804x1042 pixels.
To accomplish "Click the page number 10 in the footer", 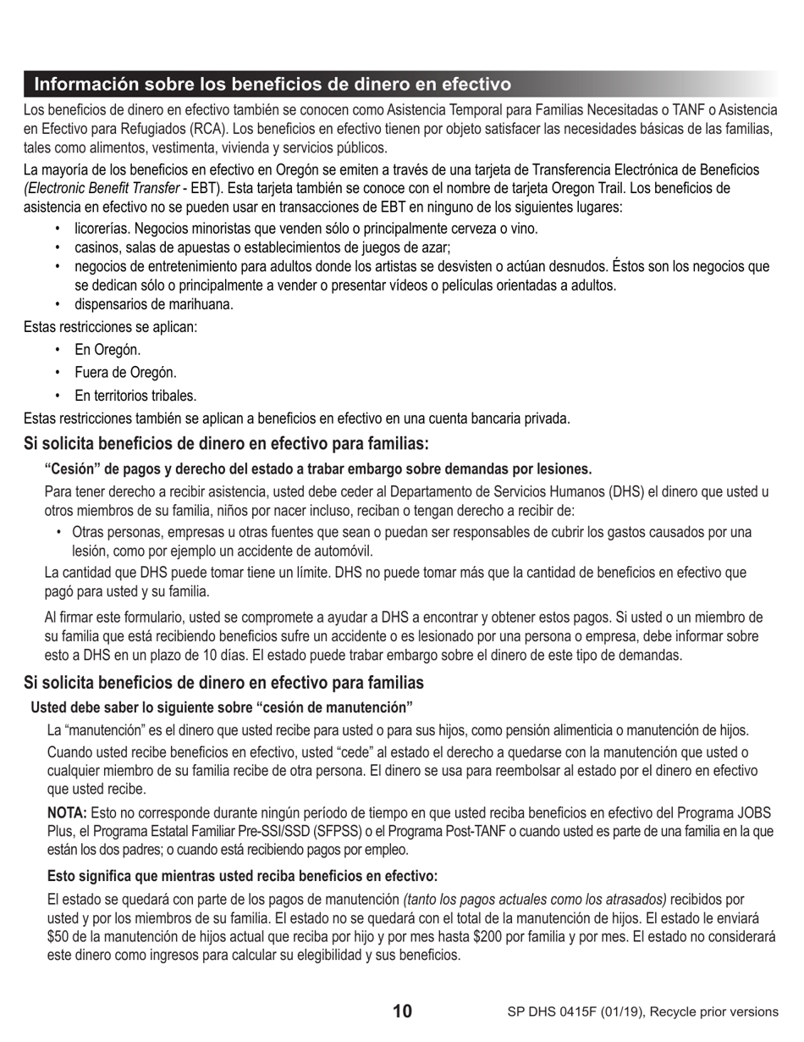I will (x=403, y=1011).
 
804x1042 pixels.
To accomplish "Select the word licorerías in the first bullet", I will (x=102, y=228).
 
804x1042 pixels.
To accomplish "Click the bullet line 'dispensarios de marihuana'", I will (x=153, y=304).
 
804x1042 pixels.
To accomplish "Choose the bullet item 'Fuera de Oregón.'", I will (x=125, y=372).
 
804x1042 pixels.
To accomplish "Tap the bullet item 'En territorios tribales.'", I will (x=135, y=395).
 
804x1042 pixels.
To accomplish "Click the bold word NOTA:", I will (x=66, y=812).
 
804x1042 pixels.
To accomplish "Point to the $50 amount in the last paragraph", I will (x=57, y=936).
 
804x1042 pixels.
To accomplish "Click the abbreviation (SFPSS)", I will (x=339, y=831).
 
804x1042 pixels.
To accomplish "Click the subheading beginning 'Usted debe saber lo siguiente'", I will (x=222, y=707).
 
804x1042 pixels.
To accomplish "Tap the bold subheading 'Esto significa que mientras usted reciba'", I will (x=242, y=876).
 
